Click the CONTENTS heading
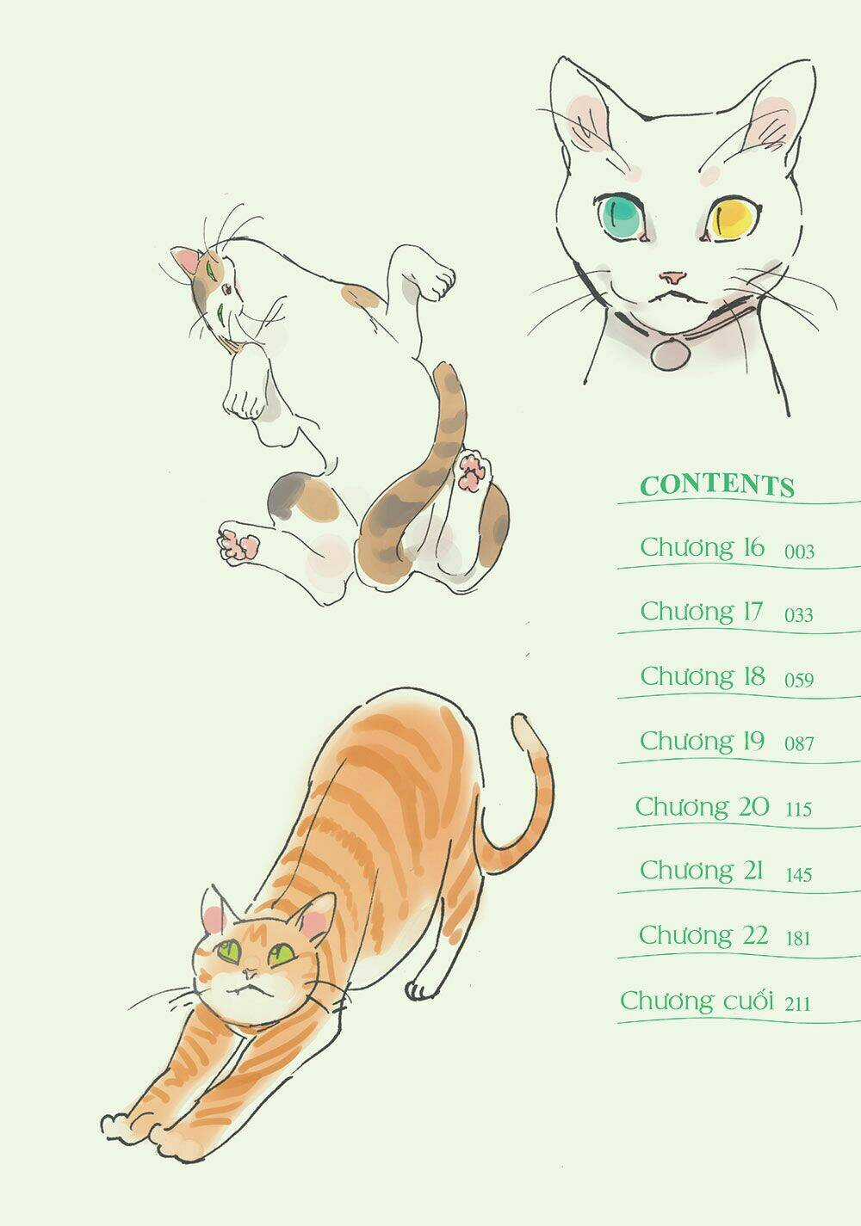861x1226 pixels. (x=717, y=485)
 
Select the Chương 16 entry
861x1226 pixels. (x=703, y=548)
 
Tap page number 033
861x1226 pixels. (x=799, y=615)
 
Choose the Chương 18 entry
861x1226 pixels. (x=703, y=677)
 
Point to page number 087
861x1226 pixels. (x=799, y=743)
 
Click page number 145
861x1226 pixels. (x=799, y=874)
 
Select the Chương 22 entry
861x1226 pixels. (x=703, y=934)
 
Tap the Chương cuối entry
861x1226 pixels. (x=697, y=1001)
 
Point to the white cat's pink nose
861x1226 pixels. (x=673, y=278)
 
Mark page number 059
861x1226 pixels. (x=799, y=680)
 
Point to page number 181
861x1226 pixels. (x=798, y=938)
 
